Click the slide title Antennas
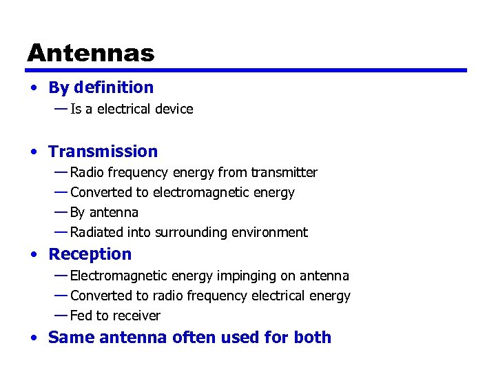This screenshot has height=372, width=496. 91,53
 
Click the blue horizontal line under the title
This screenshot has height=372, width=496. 246,70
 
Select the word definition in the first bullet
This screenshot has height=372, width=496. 114,87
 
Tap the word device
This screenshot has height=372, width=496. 175,109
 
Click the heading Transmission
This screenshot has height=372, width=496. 103,152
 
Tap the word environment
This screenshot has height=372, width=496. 273,232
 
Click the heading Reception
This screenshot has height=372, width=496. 90,254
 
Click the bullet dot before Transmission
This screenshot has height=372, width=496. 34,152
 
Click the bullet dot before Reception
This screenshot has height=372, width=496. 34,255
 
